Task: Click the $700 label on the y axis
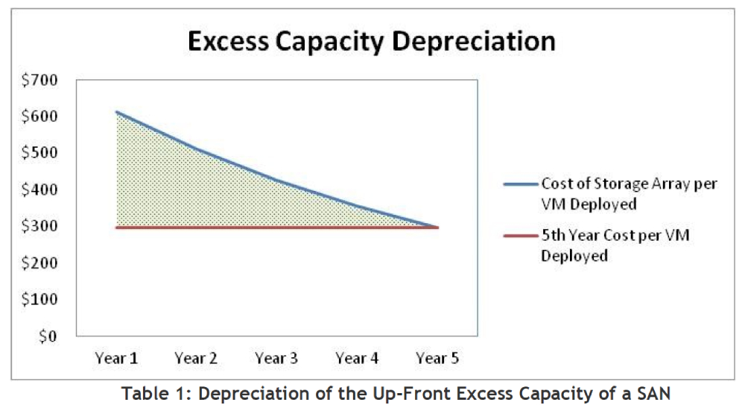pyautogui.click(x=39, y=80)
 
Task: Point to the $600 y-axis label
pyautogui.click(x=39, y=116)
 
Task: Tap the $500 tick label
pyautogui.click(x=39, y=153)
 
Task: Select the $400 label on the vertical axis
pyautogui.click(x=39, y=189)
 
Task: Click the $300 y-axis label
pyautogui.click(x=39, y=226)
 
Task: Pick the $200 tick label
pyautogui.click(x=39, y=263)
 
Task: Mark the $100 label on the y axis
pyautogui.click(x=39, y=299)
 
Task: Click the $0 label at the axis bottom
pyautogui.click(x=48, y=336)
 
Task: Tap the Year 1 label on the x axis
pyautogui.click(x=116, y=358)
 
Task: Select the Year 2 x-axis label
pyautogui.click(x=196, y=358)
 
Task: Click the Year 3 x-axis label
pyautogui.click(x=276, y=358)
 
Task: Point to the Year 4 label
pyautogui.click(x=357, y=358)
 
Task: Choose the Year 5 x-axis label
pyautogui.click(x=437, y=358)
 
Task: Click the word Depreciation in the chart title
pyautogui.click(x=474, y=42)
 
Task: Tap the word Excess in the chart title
pyautogui.click(x=229, y=41)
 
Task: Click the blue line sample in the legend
pyautogui.click(x=521, y=184)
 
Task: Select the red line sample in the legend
pyautogui.click(x=521, y=236)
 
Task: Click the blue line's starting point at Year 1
pyautogui.click(x=116, y=112)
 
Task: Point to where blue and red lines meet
pyautogui.click(x=437, y=227)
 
